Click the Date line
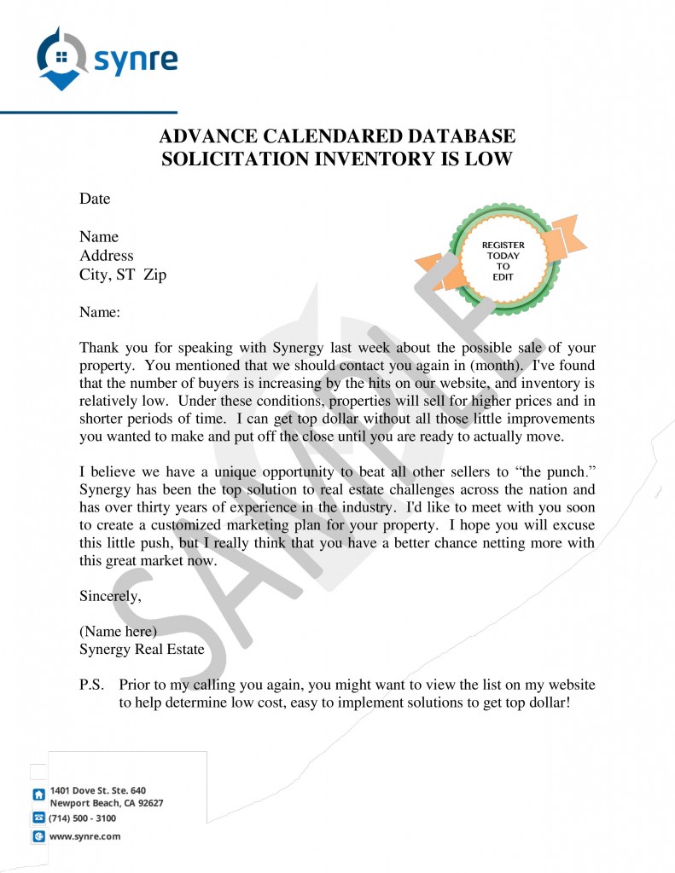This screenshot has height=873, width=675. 95,199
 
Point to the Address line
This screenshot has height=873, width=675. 107,255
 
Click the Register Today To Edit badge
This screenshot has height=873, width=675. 503,255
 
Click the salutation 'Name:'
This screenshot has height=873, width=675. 100,313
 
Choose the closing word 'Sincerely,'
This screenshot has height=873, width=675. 110,596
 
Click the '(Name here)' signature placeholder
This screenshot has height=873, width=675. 118,632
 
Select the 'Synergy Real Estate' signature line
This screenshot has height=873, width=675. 142,650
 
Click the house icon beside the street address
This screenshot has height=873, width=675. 38,795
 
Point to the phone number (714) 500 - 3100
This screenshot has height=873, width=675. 83,818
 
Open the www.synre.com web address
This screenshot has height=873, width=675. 84,836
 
